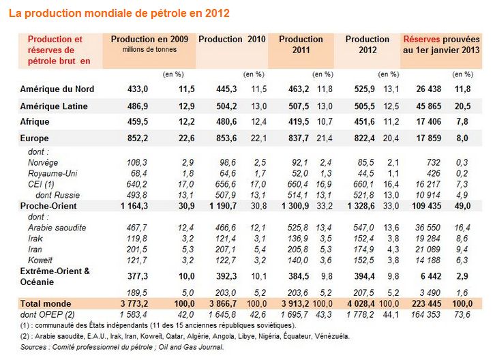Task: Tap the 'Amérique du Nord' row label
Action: coord(57,89)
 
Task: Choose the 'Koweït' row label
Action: coord(40,260)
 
